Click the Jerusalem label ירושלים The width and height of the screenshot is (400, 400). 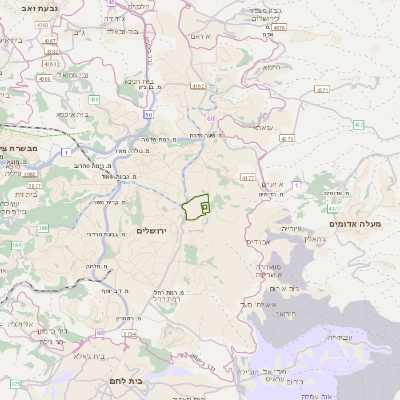point(153,230)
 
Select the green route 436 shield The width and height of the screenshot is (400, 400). point(93,100)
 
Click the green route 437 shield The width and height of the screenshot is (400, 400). point(356,126)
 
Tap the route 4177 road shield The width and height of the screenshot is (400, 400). point(248,177)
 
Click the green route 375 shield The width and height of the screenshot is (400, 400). point(15,383)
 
